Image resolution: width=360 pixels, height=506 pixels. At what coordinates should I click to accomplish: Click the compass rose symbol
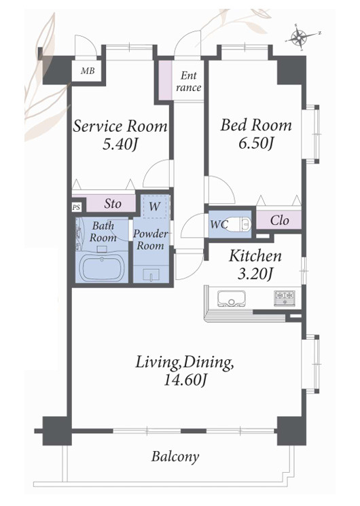pos(301,37)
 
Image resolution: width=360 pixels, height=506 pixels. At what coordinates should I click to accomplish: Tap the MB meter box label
pos(88,71)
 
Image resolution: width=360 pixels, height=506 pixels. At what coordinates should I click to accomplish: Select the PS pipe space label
pos(76,207)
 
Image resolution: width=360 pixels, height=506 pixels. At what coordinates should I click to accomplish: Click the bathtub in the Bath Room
pos(103,268)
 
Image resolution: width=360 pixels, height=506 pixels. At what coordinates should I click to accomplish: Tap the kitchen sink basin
pos(231,298)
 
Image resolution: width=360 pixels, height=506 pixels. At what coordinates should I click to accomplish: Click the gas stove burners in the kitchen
pos(285,298)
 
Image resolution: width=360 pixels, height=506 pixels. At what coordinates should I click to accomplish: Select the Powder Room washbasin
pos(151,274)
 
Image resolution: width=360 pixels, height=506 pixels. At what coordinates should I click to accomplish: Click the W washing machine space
pos(154,206)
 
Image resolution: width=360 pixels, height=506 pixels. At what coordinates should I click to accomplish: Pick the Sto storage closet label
pos(113,204)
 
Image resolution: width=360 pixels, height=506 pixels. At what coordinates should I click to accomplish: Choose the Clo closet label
pos(279,221)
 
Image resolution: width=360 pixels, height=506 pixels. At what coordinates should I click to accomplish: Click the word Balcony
pos(175,457)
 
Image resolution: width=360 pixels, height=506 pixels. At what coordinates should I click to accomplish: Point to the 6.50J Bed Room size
pos(256,143)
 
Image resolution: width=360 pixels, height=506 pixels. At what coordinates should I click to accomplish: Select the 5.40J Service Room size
pos(120,144)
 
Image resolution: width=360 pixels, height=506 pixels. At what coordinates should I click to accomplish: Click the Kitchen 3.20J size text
pos(255,274)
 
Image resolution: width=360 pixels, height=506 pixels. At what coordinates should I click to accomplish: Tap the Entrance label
pos(189,82)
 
